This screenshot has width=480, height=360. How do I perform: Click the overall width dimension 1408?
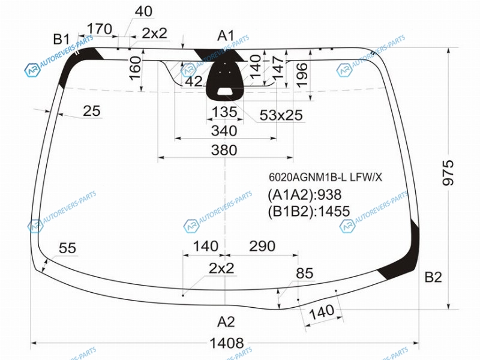227,343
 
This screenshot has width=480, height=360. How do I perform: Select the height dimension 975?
448,173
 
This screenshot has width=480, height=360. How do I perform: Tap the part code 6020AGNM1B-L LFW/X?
325,177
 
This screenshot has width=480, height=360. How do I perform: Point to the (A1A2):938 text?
305,194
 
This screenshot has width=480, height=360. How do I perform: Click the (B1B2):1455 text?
308,211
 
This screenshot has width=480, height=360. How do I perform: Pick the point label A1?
226,36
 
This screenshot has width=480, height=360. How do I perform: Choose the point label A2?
226,322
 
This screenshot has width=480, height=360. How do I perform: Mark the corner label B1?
62,39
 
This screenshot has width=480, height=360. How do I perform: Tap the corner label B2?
433,277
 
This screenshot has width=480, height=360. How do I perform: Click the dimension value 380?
224,151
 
